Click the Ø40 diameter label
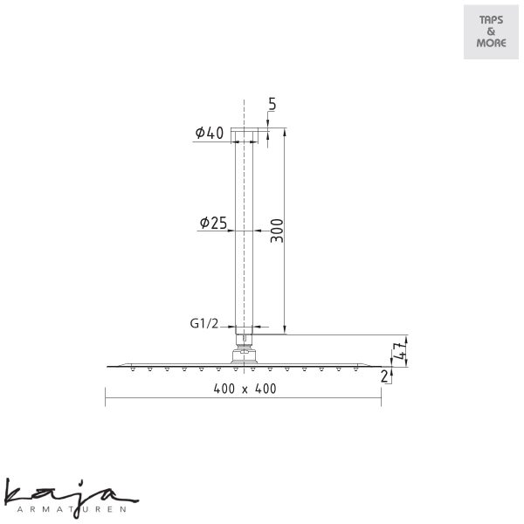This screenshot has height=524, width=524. tap(210, 133)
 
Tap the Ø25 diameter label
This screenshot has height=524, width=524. tap(213, 223)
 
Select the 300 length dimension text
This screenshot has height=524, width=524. tap(277, 231)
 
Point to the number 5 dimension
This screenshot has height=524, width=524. tap(272, 104)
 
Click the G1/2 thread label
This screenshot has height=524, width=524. tap(204, 323)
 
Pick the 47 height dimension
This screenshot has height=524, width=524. tap(400, 351)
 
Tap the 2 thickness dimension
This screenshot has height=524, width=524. tap(384, 376)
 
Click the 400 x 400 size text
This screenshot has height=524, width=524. tap(245, 389)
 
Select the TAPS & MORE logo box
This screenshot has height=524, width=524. tap(491, 31)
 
